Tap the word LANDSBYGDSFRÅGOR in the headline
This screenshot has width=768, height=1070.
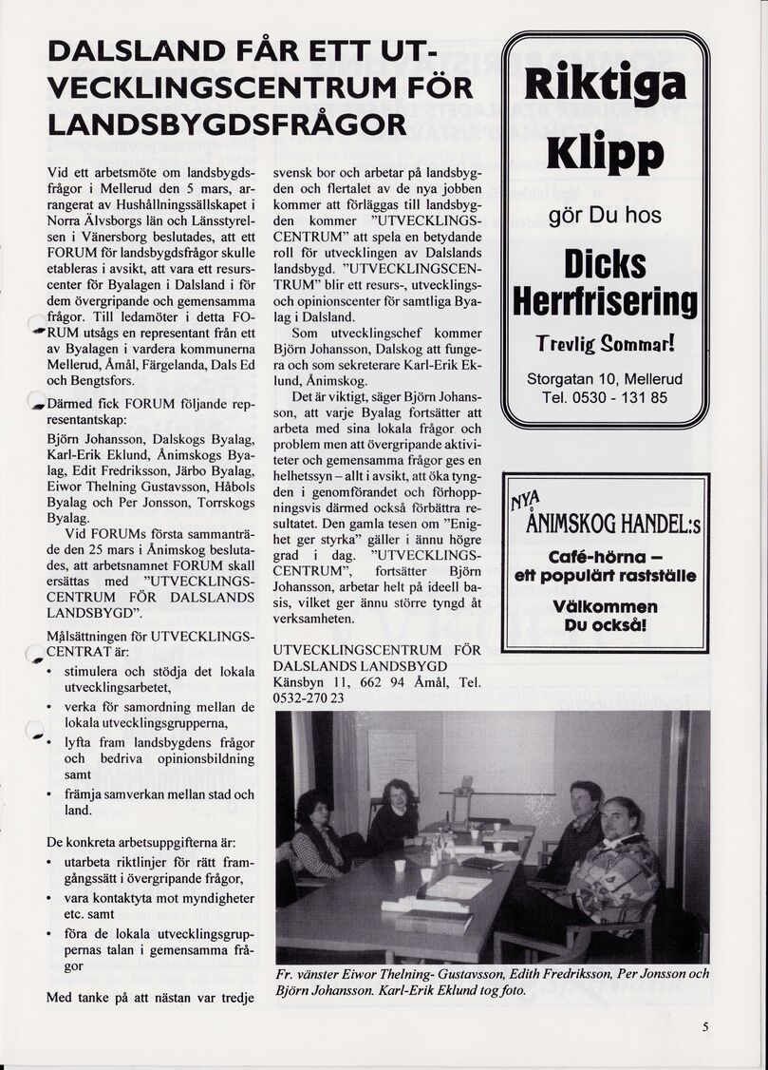pos(227,124)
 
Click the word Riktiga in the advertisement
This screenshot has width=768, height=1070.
pos(606,84)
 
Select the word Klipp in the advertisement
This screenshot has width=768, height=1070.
pos(605,154)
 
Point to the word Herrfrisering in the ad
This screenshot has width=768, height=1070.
pos(605,302)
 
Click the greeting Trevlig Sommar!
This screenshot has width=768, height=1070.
pos(605,343)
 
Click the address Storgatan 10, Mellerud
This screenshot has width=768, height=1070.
pos(605,378)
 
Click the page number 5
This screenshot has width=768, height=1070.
pos(705,1026)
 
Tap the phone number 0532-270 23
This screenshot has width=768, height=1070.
pos(309,698)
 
